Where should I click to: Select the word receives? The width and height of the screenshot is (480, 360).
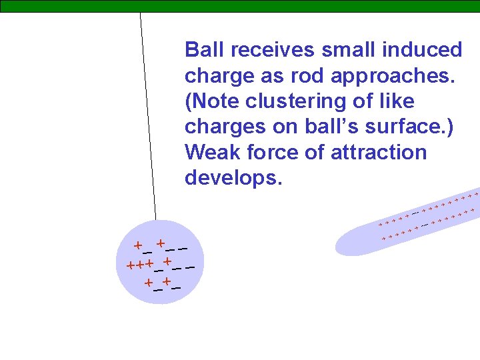click(269, 50)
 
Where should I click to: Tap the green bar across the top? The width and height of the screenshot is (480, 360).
click(240, 6)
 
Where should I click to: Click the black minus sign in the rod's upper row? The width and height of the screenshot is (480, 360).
click(415, 212)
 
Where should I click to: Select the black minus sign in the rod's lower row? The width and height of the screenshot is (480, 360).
click(425, 224)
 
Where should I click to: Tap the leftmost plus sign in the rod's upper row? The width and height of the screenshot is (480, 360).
click(380, 223)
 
